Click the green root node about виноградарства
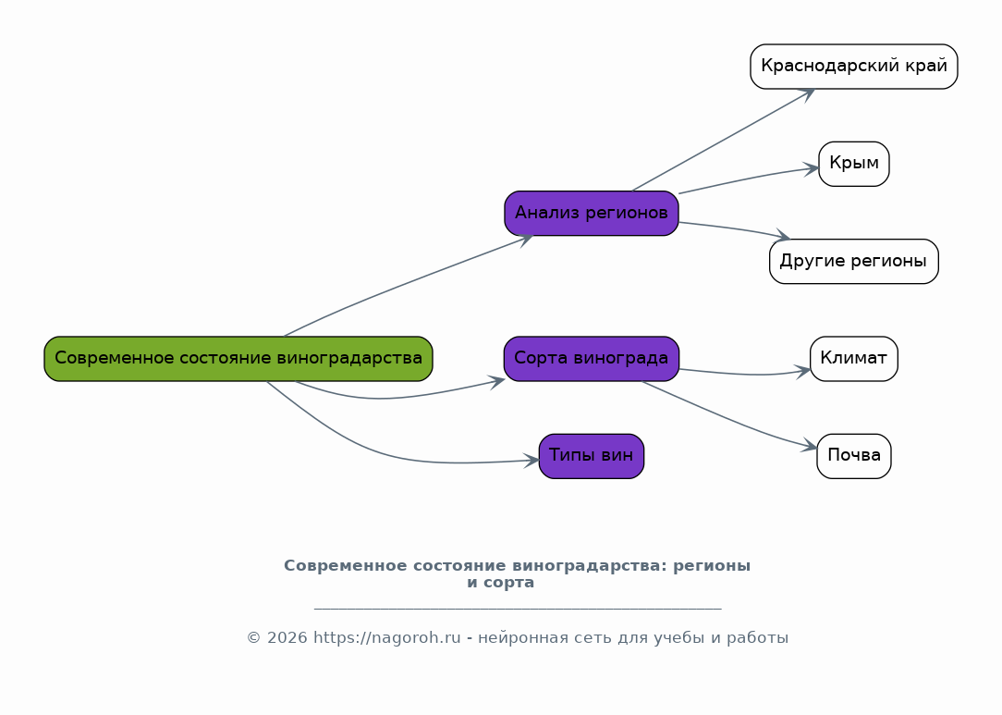(x=238, y=359)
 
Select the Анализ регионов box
(x=592, y=214)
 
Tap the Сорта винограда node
(x=592, y=359)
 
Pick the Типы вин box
(x=592, y=456)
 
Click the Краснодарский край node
(x=854, y=67)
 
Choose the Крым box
(x=854, y=164)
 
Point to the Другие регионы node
(x=854, y=261)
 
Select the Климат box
(x=854, y=359)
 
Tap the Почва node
(x=854, y=456)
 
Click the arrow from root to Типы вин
(x=388, y=455)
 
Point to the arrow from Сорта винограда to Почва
(x=730, y=418)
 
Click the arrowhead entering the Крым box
(x=812, y=168)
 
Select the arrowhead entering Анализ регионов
(x=526, y=239)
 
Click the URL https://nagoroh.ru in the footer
(x=386, y=638)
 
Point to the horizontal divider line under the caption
(x=518, y=609)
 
